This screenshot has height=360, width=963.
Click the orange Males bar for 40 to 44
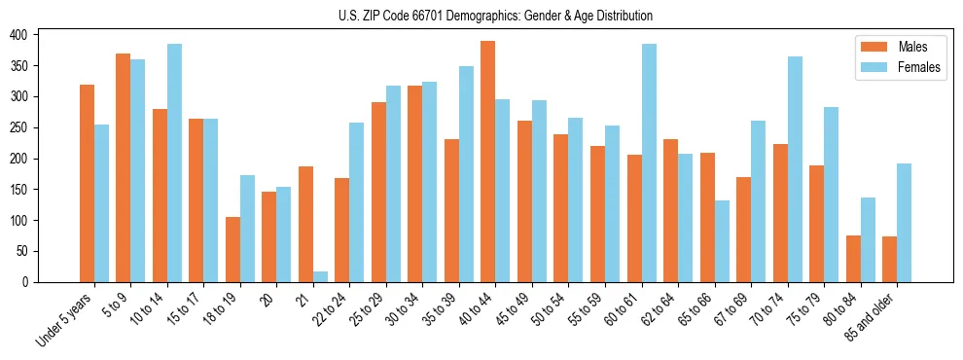click(x=488, y=162)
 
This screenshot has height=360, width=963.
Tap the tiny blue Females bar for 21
click(x=320, y=276)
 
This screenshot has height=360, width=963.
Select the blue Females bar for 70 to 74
click(x=795, y=169)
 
